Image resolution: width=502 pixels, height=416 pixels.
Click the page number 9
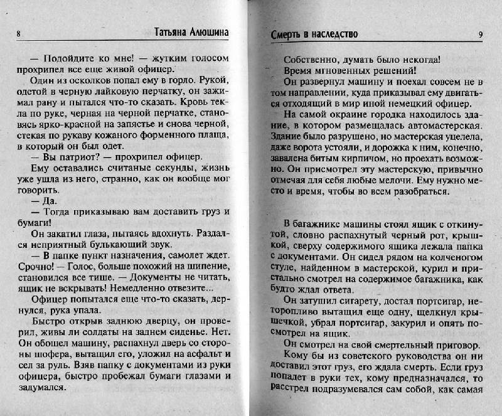click(479, 35)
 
